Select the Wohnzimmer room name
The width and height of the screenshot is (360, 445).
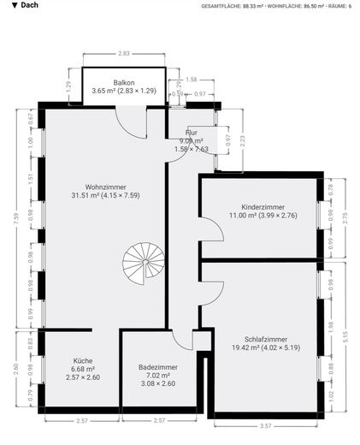pos(106,186)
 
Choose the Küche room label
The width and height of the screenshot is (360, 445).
pos(83,361)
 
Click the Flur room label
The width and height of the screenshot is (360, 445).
pos(192,133)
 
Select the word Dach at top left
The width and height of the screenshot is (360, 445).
pos(29,5)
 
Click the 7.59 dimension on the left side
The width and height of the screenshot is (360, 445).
pos(15,217)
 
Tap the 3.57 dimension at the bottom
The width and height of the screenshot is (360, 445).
pos(266,425)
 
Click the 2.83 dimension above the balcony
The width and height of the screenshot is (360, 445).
pos(124,53)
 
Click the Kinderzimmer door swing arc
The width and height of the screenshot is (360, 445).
pos(210,230)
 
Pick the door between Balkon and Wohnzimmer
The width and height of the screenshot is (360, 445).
pos(131,122)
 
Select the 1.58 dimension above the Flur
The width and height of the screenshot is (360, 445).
pos(192,79)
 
